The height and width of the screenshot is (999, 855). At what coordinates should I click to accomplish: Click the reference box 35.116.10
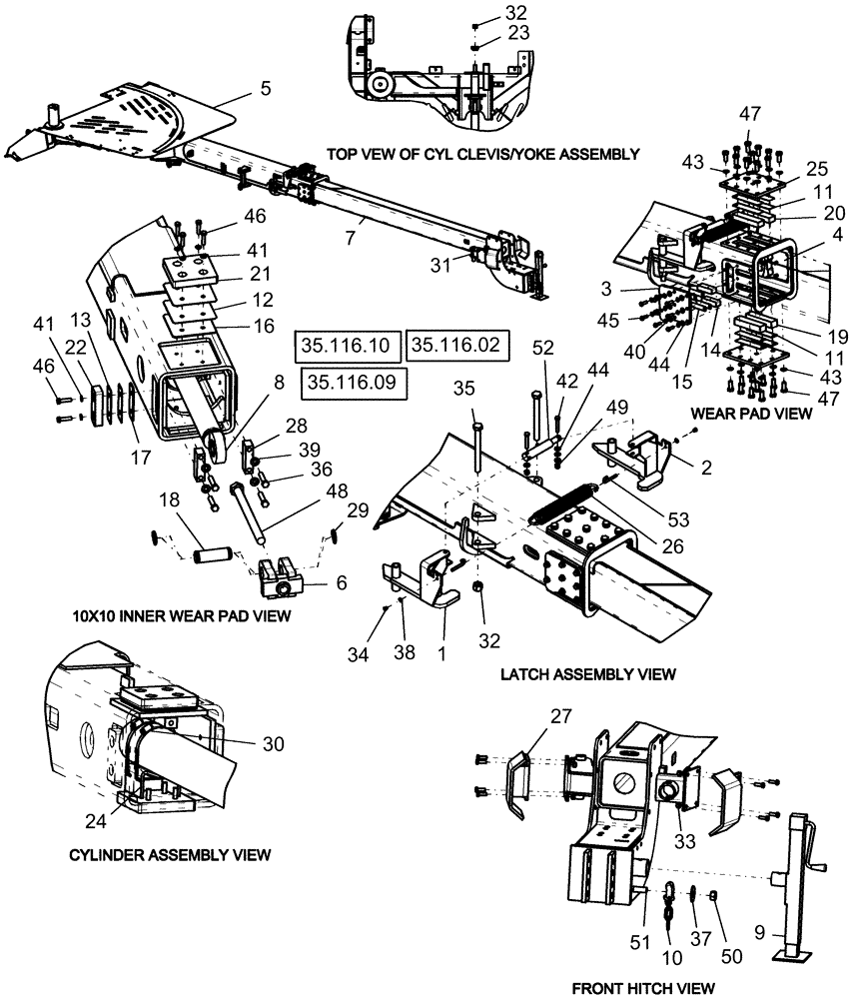(347, 346)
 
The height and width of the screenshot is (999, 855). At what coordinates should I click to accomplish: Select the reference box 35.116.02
(459, 346)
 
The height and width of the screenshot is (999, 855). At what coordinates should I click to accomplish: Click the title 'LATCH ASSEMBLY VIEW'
(587, 674)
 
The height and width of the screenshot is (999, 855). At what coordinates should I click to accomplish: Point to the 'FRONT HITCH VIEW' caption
(643, 987)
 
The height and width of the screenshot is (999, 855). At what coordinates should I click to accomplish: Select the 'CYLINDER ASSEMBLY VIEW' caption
(170, 855)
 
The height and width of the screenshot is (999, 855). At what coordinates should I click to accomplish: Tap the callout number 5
(265, 88)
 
